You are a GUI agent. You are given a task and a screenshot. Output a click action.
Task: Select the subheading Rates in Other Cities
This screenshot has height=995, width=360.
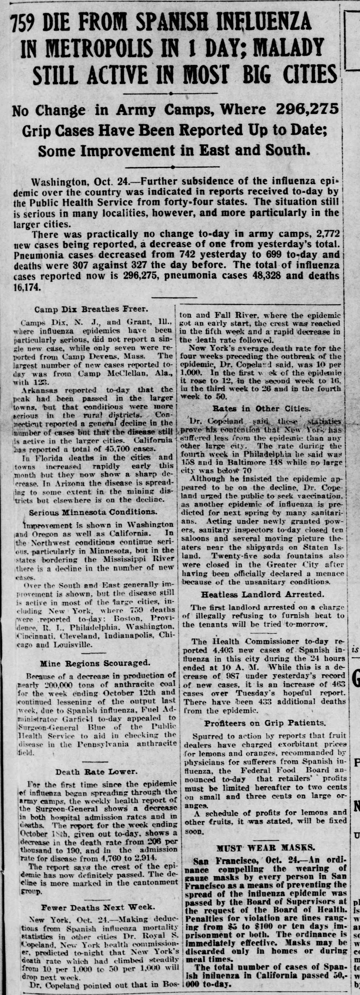click(261, 408)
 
